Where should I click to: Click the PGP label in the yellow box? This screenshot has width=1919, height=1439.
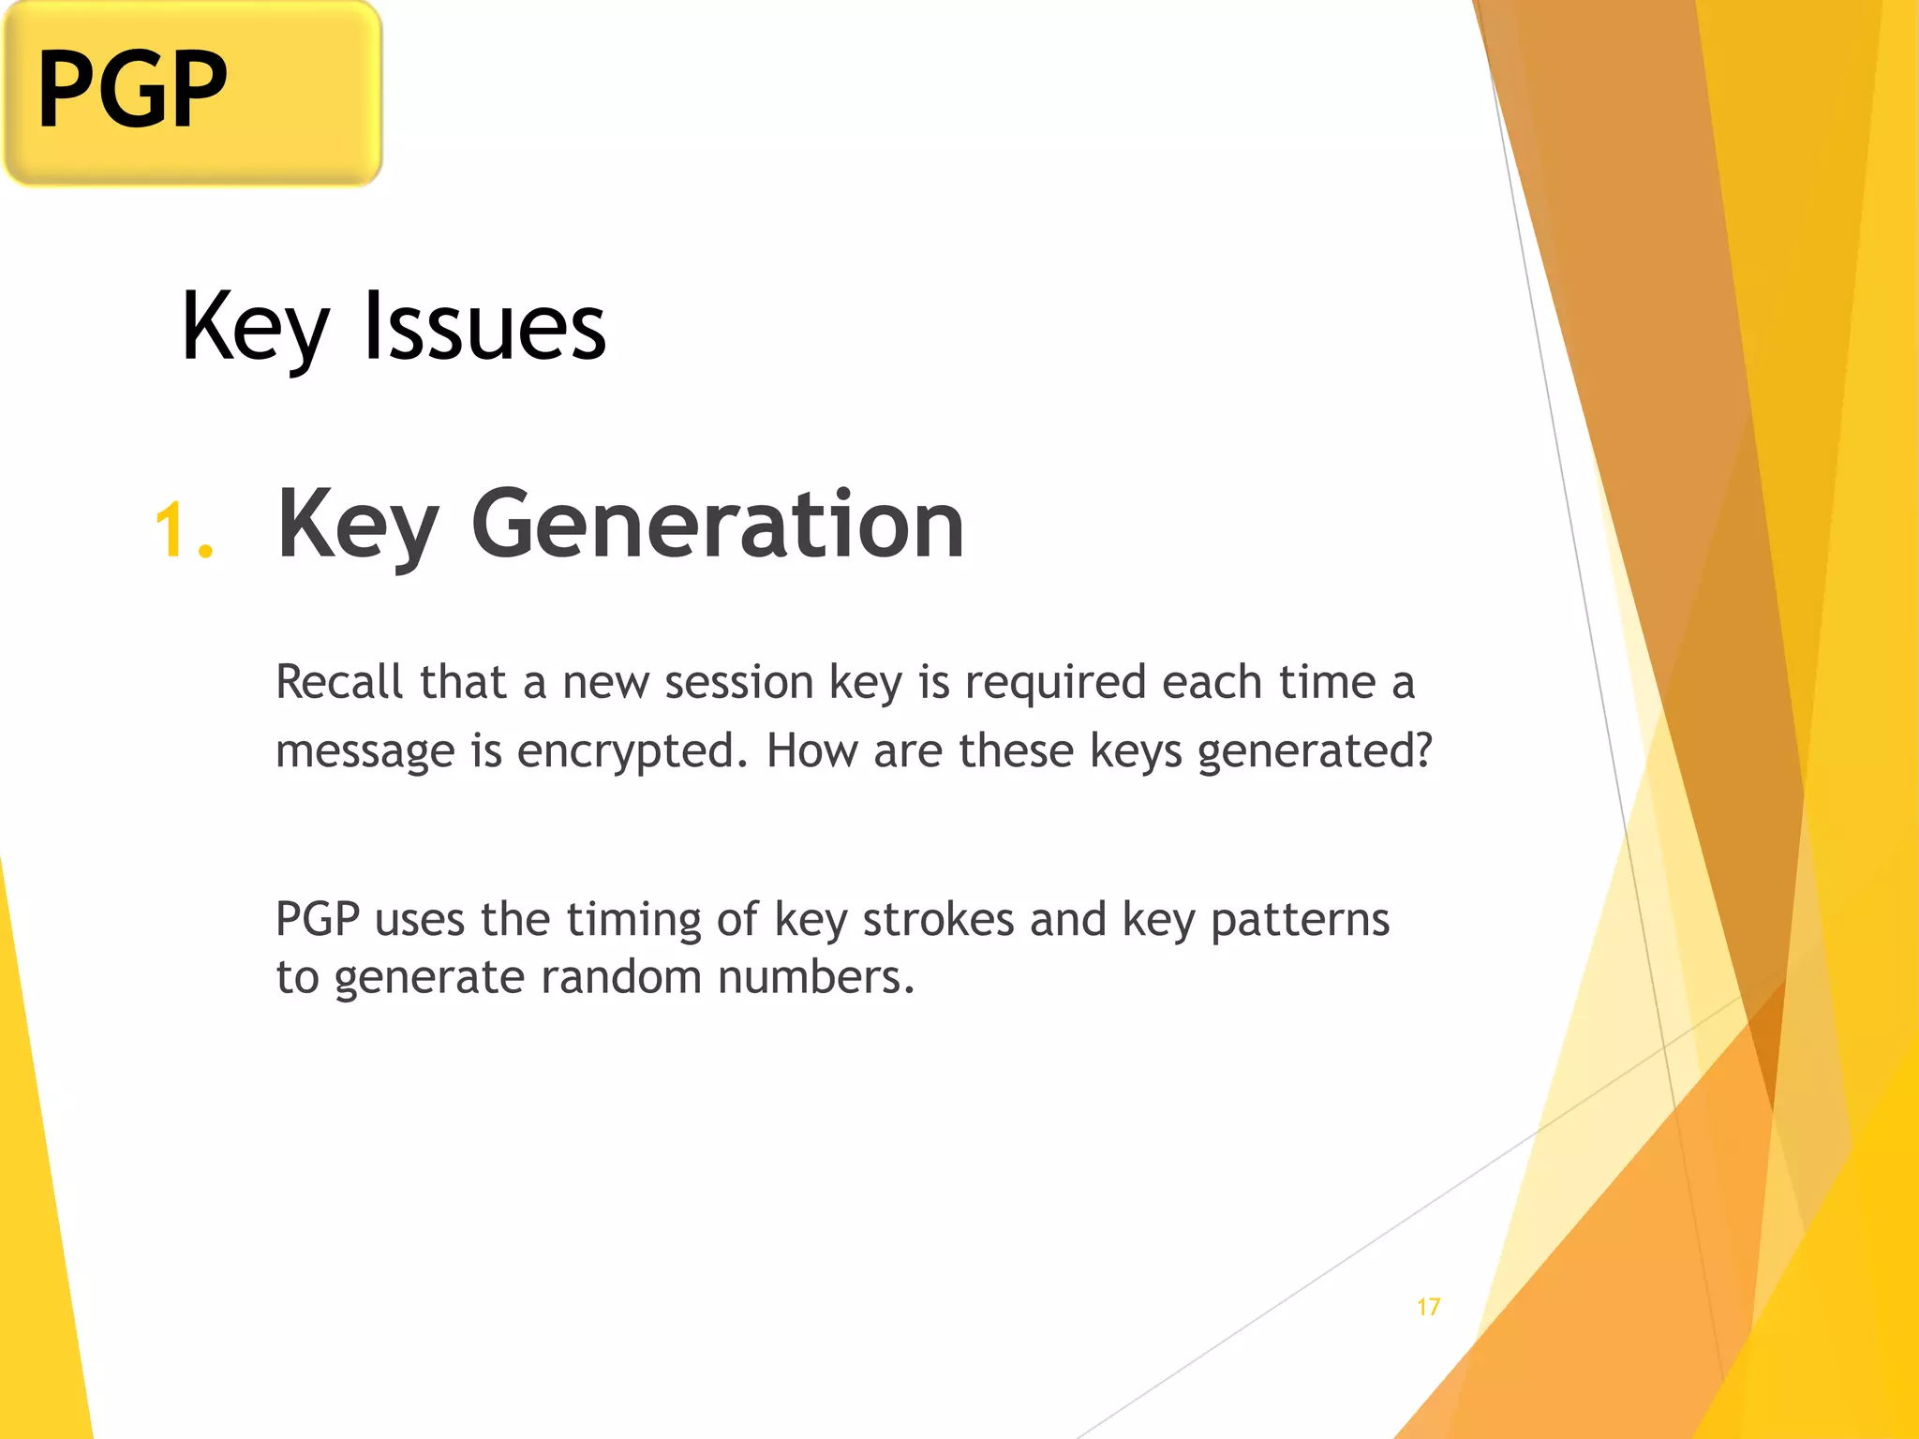(132, 89)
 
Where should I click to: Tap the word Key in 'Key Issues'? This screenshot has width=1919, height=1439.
(255, 328)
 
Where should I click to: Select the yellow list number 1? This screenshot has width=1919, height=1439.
(182, 531)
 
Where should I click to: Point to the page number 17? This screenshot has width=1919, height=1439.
(1428, 1307)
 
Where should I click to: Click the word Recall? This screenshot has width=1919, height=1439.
(339, 682)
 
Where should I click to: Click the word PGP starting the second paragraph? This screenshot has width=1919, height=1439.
(318, 919)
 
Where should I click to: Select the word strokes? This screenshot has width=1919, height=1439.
(938, 919)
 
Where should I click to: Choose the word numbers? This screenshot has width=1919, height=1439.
(815, 977)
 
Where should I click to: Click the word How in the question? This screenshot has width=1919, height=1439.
(811, 750)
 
